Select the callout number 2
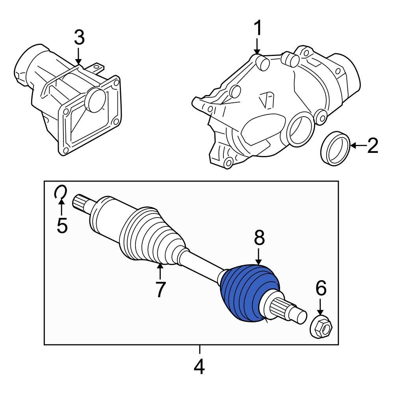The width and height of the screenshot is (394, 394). point(372,145)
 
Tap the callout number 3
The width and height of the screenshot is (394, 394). point(79,38)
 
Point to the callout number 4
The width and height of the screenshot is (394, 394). point(199,367)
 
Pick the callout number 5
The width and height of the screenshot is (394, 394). point(62,226)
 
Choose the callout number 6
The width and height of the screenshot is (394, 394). point(321,289)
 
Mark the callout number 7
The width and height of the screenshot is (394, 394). point(160,289)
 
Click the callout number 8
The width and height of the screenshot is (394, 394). point(259,238)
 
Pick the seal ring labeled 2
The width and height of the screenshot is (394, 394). point(335,149)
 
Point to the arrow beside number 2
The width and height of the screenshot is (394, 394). point(358,145)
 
